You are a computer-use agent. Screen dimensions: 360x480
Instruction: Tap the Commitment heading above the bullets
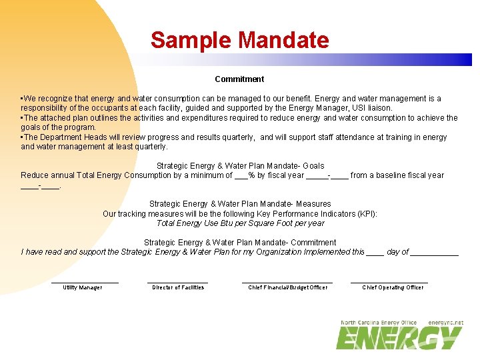239,79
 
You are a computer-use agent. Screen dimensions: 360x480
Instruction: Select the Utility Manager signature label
83,287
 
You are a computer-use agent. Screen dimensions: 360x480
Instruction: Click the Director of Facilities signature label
178,287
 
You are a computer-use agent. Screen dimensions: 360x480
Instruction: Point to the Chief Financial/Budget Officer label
287,287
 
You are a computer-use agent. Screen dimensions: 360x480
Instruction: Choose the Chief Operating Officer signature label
393,287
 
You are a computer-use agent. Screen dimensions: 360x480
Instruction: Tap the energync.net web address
445,323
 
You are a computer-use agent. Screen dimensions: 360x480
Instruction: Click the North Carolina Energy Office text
379,323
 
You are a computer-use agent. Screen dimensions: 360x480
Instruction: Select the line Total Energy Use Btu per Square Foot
240,223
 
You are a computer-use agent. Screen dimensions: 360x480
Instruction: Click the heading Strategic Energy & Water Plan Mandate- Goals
240,165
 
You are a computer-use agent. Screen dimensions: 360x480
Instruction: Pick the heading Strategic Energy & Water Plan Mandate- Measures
240,204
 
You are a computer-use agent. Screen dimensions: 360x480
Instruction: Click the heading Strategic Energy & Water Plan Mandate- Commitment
240,243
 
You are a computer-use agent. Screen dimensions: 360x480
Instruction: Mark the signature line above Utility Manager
85,283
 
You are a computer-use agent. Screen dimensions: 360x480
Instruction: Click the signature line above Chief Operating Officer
389,283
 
